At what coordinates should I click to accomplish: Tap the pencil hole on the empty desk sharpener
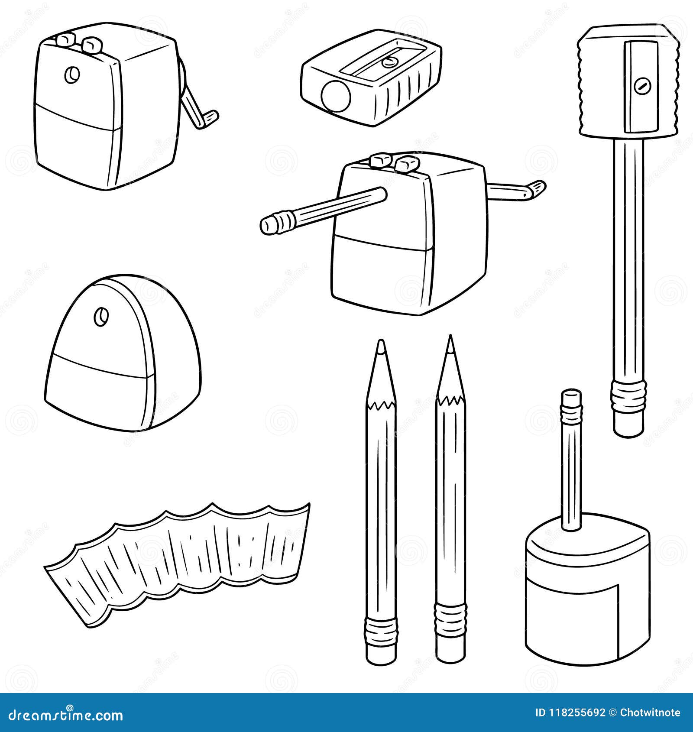(71, 75)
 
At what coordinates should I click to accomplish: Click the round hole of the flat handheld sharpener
(335, 95)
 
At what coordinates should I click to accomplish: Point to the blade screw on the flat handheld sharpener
(390, 62)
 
